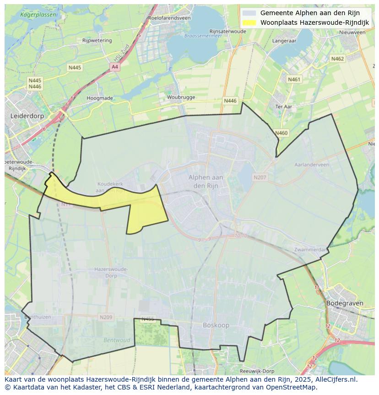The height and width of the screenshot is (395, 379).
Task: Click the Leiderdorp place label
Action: point(27,116)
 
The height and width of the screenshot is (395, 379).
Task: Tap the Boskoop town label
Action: point(216,325)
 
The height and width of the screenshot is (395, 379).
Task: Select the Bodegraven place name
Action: point(344,303)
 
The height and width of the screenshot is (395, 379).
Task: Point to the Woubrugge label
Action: point(181,97)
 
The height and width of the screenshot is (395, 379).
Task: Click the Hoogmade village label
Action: point(100,98)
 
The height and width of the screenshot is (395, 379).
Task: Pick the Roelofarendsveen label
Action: point(169,18)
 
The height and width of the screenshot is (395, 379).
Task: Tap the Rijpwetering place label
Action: point(97,40)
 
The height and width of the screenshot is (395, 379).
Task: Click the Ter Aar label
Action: point(284,106)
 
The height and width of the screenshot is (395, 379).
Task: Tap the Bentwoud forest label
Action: point(117,340)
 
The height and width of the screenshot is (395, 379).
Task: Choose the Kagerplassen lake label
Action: point(39,15)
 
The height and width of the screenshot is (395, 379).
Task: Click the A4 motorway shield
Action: point(114,67)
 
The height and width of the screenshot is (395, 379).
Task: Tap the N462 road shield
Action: point(337,59)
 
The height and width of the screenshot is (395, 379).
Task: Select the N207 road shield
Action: point(260,177)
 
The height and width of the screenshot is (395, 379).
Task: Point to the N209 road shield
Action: point(106,317)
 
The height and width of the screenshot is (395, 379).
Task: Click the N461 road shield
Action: point(294,79)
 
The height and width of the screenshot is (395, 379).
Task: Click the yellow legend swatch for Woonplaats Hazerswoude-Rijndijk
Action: point(249,22)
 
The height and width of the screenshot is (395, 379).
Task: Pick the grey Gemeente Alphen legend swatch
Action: point(249,13)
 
